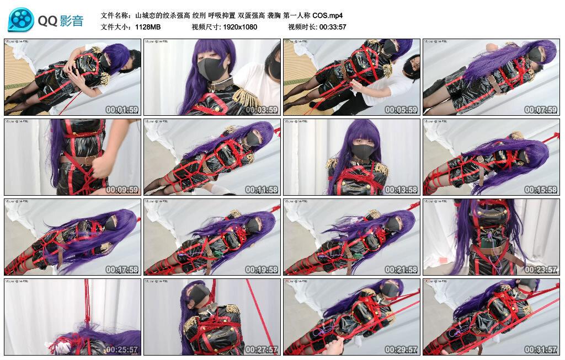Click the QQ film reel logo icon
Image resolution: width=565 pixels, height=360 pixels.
21,20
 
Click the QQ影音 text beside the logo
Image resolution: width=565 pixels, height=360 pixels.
61,21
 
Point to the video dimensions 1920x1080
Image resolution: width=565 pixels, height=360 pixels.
240,26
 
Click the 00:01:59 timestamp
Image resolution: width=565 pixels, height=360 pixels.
122,110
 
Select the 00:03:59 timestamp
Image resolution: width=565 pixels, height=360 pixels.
262,110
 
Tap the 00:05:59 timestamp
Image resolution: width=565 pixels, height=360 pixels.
402,110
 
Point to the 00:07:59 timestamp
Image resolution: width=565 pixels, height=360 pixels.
541,110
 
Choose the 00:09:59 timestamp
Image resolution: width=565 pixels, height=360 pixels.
122,190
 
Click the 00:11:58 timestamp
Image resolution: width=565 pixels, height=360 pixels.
262,190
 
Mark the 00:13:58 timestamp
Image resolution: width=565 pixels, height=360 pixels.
402,190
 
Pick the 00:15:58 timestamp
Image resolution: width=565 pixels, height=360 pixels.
541,190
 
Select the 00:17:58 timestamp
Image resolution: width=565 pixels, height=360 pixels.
122,270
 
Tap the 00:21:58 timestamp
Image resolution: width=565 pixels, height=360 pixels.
402,270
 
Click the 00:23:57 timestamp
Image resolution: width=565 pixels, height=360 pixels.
541,270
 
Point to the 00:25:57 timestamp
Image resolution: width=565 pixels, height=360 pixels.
122,350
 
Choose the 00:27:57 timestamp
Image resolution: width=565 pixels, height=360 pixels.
262,350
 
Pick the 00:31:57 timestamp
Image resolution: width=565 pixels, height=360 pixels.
541,350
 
